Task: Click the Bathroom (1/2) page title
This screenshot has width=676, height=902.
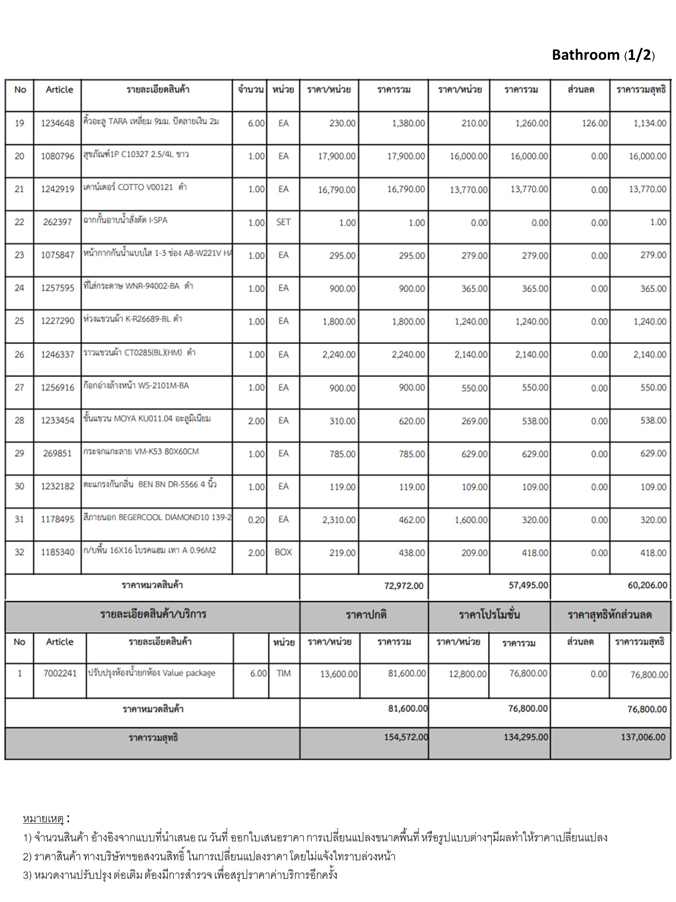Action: [x=603, y=55]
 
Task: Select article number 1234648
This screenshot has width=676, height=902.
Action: [x=58, y=123]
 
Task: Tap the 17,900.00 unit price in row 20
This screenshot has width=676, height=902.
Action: [x=337, y=156]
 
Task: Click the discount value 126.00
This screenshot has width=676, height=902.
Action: [x=595, y=123]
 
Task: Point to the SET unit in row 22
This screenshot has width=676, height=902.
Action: [x=283, y=222]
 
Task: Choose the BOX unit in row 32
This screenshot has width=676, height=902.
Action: [x=283, y=552]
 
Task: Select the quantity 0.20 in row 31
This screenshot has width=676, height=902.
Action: [x=256, y=520]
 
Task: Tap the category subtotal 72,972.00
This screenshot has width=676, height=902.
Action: [x=404, y=586]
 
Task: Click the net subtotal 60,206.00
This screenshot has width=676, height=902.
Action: [x=647, y=585]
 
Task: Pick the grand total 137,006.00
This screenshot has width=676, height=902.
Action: [x=643, y=737]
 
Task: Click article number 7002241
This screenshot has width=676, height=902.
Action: [x=60, y=673]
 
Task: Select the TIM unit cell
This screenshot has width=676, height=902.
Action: [x=283, y=673]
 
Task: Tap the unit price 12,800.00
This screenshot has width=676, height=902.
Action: [x=467, y=674]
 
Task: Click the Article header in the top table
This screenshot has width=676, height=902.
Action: [x=59, y=90]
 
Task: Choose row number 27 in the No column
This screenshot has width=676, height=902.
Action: [x=19, y=388]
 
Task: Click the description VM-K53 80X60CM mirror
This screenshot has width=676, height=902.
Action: [x=141, y=451]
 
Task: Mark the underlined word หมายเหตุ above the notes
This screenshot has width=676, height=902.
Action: [x=43, y=819]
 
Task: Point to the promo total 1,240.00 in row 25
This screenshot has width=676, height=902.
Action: [x=532, y=322]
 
